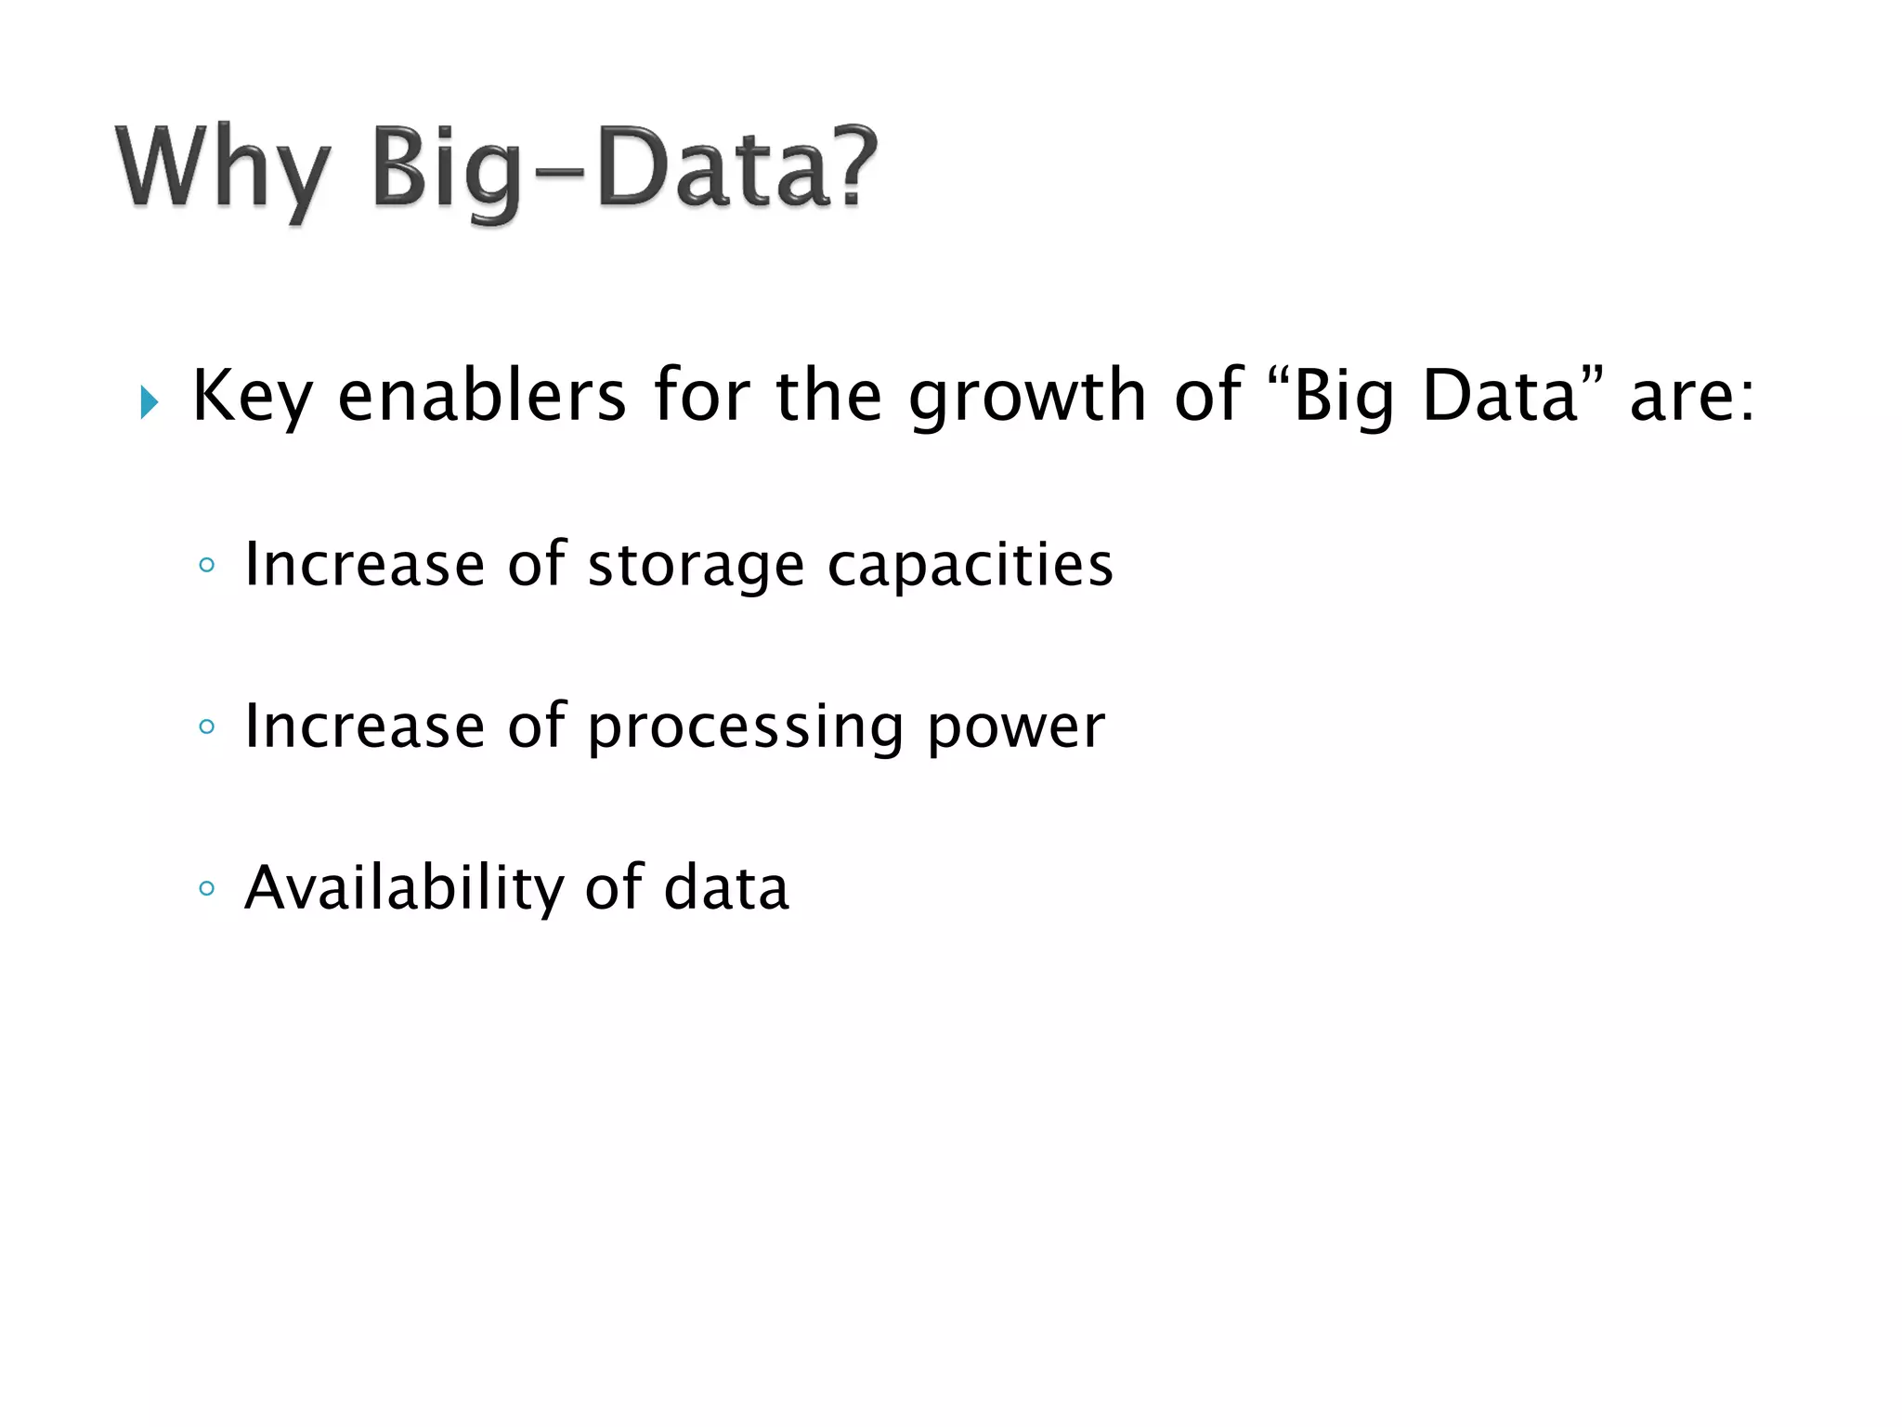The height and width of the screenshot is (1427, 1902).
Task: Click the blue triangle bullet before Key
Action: (149, 402)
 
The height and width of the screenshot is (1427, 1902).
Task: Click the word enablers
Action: (482, 395)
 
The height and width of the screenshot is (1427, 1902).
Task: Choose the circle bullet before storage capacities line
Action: (207, 565)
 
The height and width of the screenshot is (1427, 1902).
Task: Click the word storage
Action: (696, 565)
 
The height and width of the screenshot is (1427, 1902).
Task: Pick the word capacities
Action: (970, 565)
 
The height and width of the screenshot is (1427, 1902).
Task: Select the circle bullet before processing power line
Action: (207, 727)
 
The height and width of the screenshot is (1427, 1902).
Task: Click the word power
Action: (1016, 727)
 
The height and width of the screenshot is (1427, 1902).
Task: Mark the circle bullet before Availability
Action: (207, 888)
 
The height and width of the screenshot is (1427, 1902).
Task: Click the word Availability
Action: (403, 888)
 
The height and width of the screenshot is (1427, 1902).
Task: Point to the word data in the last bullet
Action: (726, 888)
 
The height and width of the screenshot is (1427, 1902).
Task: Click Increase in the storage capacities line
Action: (364, 565)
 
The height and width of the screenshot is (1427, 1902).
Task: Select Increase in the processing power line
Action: (364, 727)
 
